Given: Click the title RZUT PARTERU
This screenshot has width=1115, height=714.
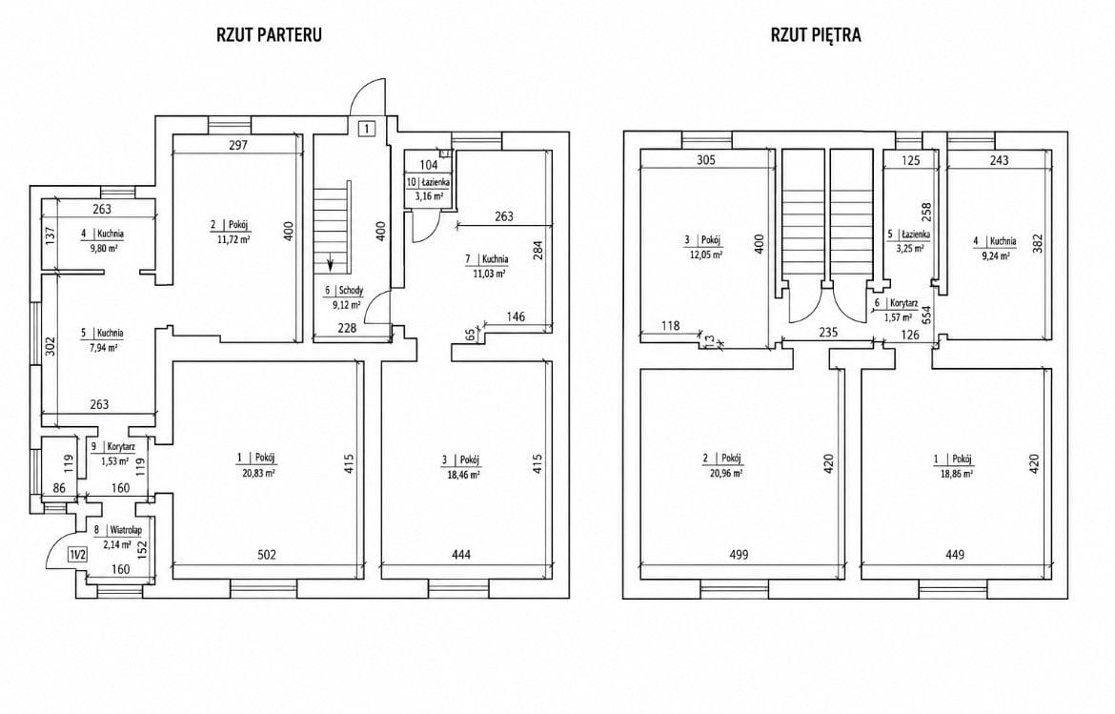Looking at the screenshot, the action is (269, 35).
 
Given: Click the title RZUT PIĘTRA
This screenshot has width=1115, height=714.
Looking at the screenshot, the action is (816, 35).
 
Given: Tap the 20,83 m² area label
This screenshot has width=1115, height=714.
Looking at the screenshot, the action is (257, 472).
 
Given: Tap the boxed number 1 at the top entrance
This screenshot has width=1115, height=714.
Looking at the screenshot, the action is (366, 129).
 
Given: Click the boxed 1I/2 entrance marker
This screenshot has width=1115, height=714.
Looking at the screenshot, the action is (77, 555).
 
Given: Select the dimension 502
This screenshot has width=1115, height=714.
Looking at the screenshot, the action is (267, 555).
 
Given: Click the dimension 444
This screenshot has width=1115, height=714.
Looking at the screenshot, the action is (461, 555).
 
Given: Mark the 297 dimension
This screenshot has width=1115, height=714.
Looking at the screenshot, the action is (238, 146).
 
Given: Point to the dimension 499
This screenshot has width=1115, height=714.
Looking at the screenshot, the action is (739, 555).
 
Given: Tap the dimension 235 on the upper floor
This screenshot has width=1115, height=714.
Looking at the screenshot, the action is (828, 332).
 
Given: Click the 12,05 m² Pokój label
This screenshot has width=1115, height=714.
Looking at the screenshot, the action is (704, 246).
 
